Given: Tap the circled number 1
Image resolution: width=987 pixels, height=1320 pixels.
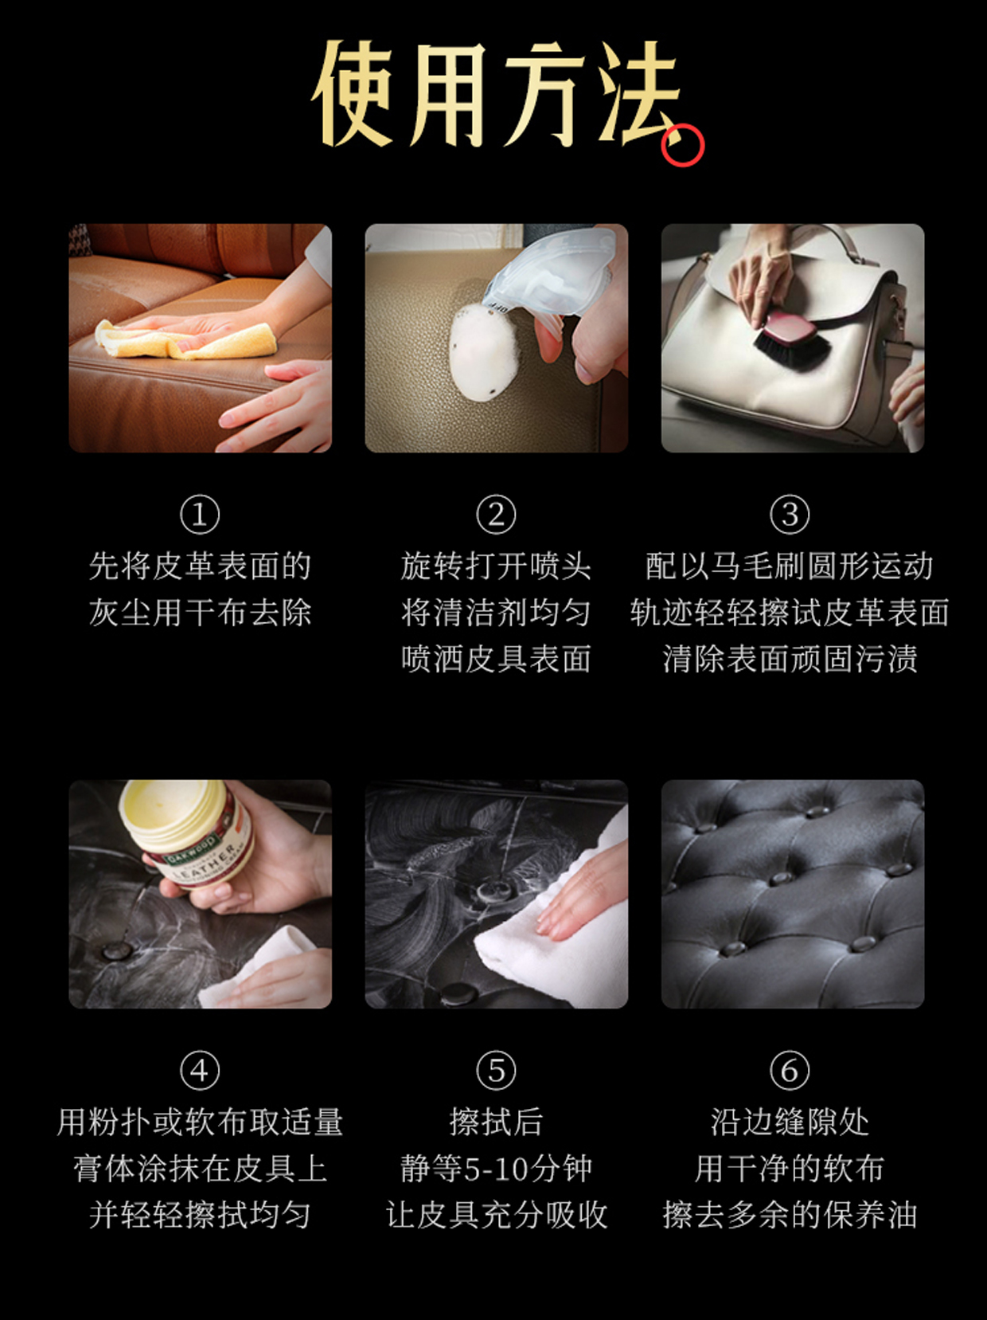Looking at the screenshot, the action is coord(200,514).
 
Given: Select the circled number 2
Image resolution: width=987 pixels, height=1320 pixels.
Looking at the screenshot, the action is coord(496,514).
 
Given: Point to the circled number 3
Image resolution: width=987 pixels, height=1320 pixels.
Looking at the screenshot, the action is coord(790,514).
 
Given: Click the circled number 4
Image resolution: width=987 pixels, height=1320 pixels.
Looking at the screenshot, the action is coord(200,1071).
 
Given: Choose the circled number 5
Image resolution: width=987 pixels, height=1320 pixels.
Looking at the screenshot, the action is coord(496,1071).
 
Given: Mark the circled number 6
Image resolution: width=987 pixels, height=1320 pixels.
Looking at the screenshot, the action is coord(790,1071).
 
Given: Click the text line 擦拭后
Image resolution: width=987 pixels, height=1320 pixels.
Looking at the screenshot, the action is coord(496,1122).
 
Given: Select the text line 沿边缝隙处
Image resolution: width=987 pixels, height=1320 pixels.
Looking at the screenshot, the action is coord(790,1122).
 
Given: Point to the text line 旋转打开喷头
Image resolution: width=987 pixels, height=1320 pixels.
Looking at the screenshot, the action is coord(496,566).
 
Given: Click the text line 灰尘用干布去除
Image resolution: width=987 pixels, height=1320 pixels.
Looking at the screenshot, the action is coord(200,613).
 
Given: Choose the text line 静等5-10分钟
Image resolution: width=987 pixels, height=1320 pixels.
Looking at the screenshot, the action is coord(496,1169).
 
